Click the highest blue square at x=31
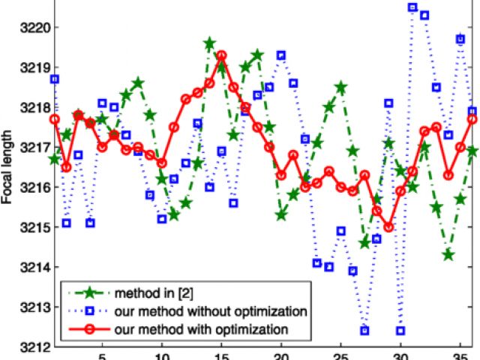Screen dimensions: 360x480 pos(412,7)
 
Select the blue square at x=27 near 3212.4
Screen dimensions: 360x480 pos(364,331)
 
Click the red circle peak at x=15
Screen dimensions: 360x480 pos(221,55)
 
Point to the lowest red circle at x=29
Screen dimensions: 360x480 pos(388,227)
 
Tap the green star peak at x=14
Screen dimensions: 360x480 pos(209,43)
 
